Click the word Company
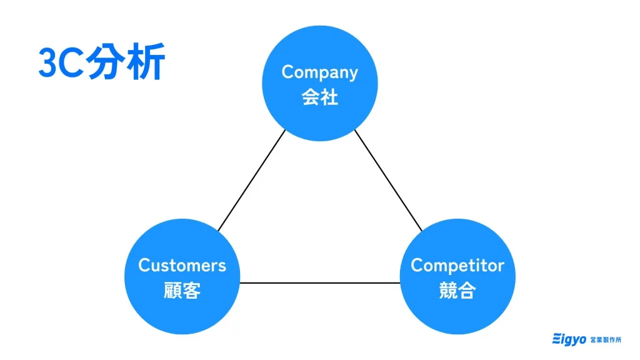(319, 72)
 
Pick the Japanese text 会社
(319, 97)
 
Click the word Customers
(182, 266)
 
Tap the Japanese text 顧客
(182, 291)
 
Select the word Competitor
(457, 266)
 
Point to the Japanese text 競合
(457, 291)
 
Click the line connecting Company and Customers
(251, 181)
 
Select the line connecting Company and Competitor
(388, 181)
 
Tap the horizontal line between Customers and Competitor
(319, 283)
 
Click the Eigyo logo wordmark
(569, 339)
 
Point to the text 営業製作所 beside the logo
(606, 339)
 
